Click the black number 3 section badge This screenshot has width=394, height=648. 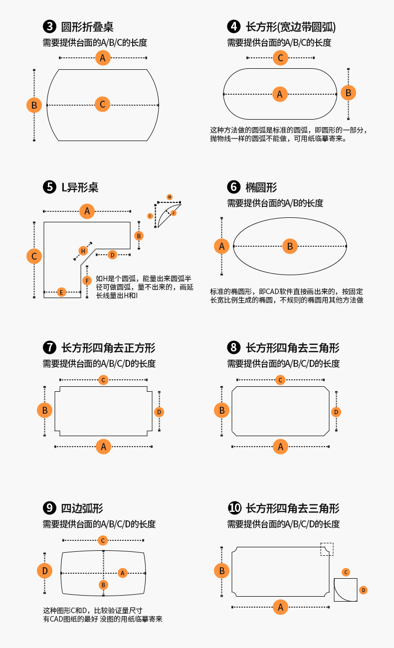49,26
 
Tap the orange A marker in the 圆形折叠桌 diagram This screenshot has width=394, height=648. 102,58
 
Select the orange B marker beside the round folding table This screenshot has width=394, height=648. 34,105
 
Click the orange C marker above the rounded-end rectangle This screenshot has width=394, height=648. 280,58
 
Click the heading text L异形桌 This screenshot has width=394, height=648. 79,187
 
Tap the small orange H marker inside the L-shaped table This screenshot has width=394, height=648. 83,250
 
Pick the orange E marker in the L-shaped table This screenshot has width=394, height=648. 61,292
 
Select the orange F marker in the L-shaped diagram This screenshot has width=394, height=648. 87,281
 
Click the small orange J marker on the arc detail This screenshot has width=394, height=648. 174,213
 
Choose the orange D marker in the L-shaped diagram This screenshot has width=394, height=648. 112,255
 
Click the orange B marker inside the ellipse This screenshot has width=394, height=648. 289,246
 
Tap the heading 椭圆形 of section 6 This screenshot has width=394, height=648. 261,187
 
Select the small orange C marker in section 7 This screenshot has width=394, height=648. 103,380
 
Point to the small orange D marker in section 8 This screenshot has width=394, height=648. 336,412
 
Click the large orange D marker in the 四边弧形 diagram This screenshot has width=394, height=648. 44,571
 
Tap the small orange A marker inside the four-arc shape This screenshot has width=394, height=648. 123,573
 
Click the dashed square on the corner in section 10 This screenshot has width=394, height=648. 327,549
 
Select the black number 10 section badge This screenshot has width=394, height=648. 234,508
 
